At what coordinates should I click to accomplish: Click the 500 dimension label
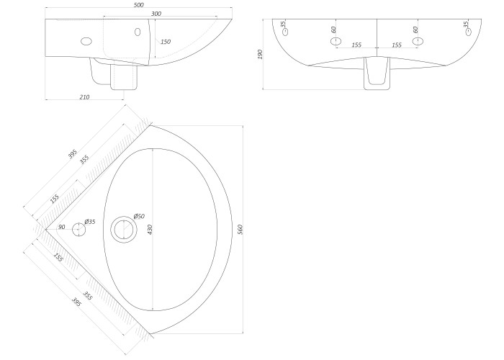139,5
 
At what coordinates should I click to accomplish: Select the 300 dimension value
156,14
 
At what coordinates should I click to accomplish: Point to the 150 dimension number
166,42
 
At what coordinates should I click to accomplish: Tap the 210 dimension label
84,96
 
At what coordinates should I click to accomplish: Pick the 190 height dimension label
260,54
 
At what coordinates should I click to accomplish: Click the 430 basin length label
150,229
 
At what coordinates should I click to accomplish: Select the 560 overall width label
240,229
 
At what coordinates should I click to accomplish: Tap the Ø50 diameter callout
139,216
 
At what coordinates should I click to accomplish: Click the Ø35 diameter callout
90,222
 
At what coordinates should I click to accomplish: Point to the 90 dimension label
61,227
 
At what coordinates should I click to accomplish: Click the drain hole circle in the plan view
124,229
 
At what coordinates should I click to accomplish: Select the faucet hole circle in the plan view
78,230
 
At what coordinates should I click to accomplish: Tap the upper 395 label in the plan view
73,154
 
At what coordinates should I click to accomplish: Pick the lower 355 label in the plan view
87,296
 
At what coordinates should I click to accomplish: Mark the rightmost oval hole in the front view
468,32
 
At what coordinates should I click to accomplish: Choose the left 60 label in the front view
333,30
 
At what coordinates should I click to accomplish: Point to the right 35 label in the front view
466,24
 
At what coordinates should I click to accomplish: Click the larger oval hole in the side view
86,41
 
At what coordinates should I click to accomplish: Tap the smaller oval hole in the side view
138,32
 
